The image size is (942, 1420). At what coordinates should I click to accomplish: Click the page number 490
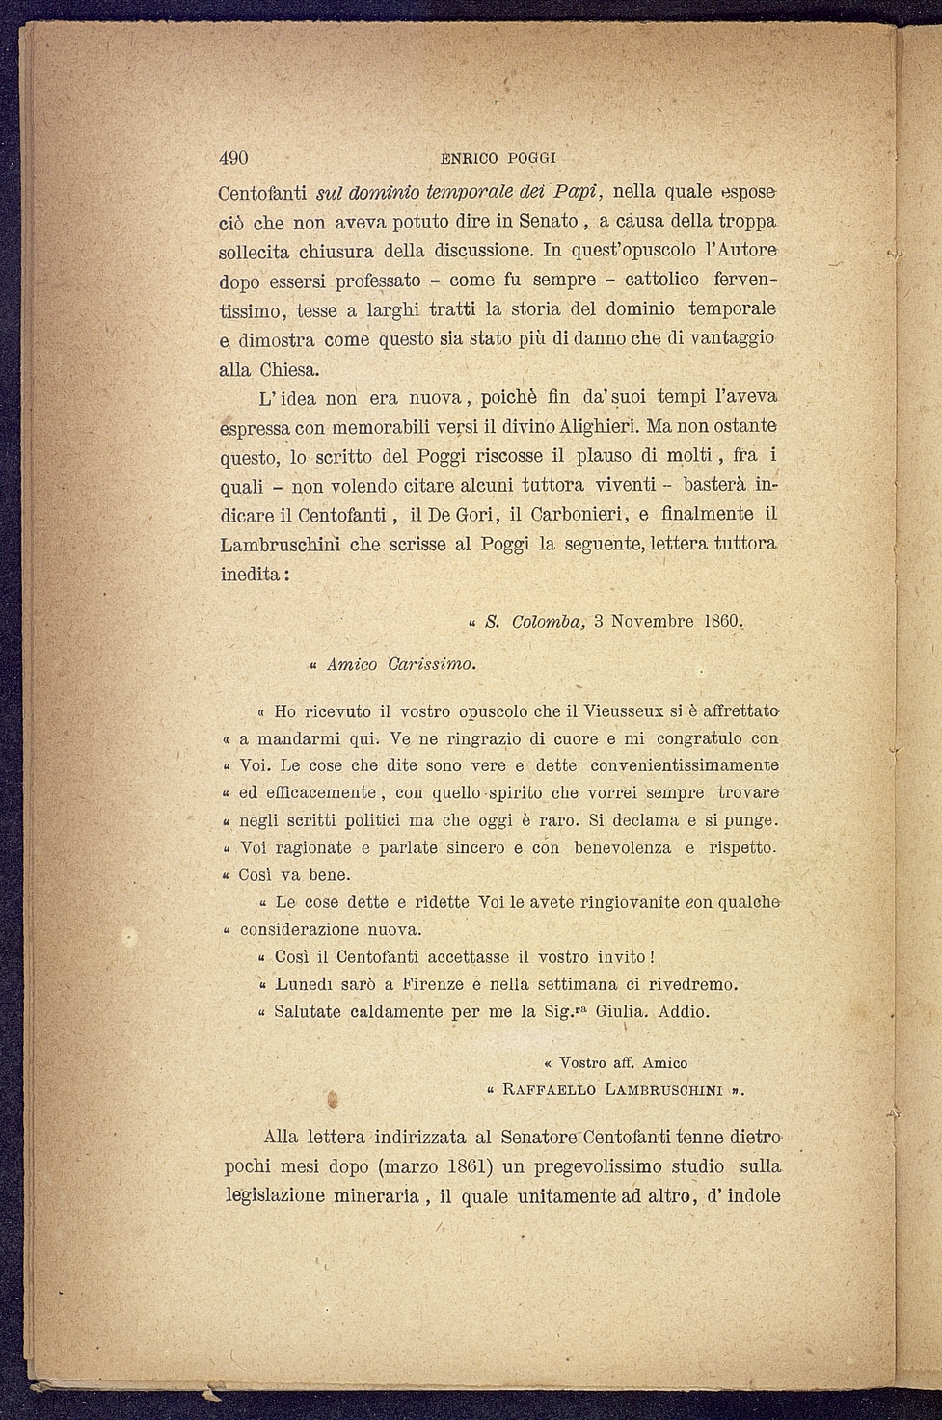[x=234, y=159]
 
